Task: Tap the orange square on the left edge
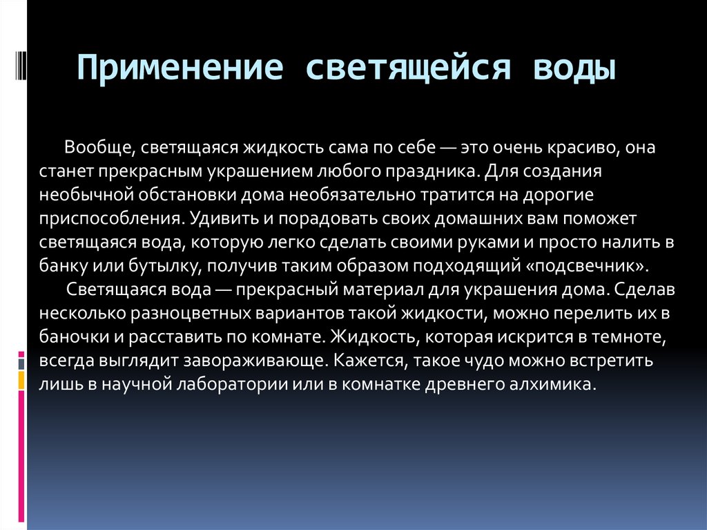click(x=21, y=380)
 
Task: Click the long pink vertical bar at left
click(x=21, y=456)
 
